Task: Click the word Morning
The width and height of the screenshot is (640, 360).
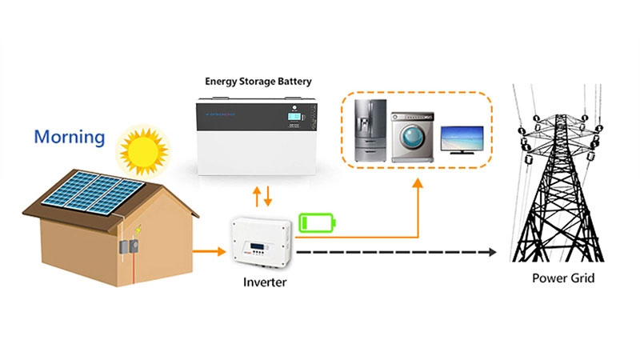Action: coord(70,137)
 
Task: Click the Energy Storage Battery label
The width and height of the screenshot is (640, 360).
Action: coord(258,81)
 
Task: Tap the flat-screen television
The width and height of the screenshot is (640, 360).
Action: coord(462,136)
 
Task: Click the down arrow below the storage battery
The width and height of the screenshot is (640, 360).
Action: coord(268,196)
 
